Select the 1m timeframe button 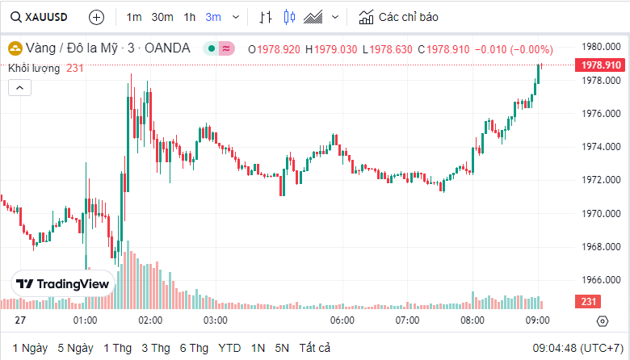coord(134,17)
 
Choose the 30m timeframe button coord(162,17)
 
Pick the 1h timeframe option coord(190,17)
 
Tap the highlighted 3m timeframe coord(213,17)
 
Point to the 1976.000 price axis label coord(601,114)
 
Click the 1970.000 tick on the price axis coord(601,214)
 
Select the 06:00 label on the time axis coord(342,320)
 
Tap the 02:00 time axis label coord(150,320)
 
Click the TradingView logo coord(63,284)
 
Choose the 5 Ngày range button coord(74,348)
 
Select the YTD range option coord(229,348)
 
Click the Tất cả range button coord(314,348)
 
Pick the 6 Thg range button coord(194,348)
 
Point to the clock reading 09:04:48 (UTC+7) coord(577,348)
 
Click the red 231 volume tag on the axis coord(586,302)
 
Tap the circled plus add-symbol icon coord(96,17)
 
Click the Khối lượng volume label coord(34,69)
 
